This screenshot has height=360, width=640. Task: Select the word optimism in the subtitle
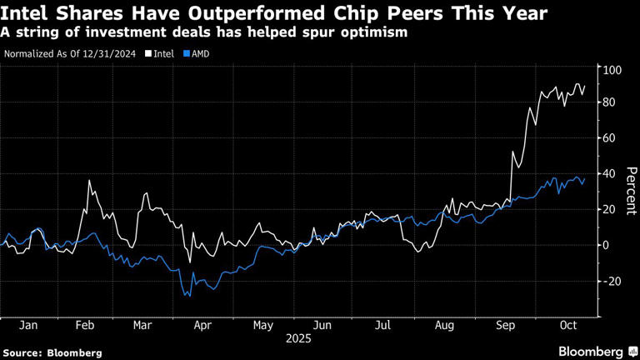click(377, 32)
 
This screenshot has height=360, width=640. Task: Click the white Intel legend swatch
click(148, 54)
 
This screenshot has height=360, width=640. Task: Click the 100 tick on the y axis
click(613, 70)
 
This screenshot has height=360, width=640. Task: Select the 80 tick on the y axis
click(611, 102)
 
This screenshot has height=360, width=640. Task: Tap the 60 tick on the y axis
click(611, 137)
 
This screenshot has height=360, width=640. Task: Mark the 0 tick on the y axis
click(607, 245)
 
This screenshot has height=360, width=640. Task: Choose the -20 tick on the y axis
click(612, 281)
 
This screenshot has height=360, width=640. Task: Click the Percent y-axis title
click(631, 191)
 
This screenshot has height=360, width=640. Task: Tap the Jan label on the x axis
click(28, 326)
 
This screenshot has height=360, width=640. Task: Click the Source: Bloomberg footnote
click(52, 352)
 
